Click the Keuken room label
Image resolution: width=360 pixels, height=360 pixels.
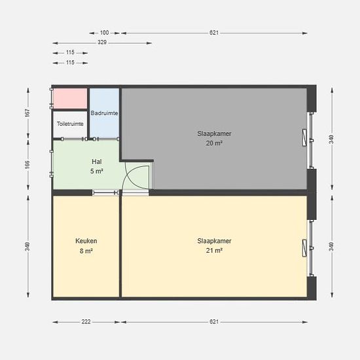(86, 241)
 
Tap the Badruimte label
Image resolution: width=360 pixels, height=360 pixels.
(104, 113)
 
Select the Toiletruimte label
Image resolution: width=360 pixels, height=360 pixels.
(70, 124)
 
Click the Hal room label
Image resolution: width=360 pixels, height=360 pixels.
(97, 162)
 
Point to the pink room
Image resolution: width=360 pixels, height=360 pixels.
(70, 98)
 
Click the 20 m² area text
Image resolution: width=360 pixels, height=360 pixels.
(214, 143)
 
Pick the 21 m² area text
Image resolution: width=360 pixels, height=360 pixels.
(214, 251)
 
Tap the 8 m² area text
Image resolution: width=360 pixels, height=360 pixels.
(86, 251)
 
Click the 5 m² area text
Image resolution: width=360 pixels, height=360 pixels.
(97, 171)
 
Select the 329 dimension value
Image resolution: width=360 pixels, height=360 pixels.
(102, 43)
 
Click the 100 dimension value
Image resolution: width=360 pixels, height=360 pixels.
(104, 33)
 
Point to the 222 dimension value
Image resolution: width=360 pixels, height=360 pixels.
(86, 322)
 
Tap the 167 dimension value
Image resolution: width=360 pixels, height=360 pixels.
(27, 113)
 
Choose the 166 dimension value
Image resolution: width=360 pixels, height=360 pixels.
(27, 164)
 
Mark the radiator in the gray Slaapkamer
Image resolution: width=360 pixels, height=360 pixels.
(304, 137)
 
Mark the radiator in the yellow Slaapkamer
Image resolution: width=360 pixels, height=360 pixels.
(304, 248)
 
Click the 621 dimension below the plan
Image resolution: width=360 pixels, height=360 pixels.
(214, 322)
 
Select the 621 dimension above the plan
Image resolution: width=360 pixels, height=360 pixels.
(214, 33)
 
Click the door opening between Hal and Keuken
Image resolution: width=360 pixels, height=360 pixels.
(105, 192)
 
